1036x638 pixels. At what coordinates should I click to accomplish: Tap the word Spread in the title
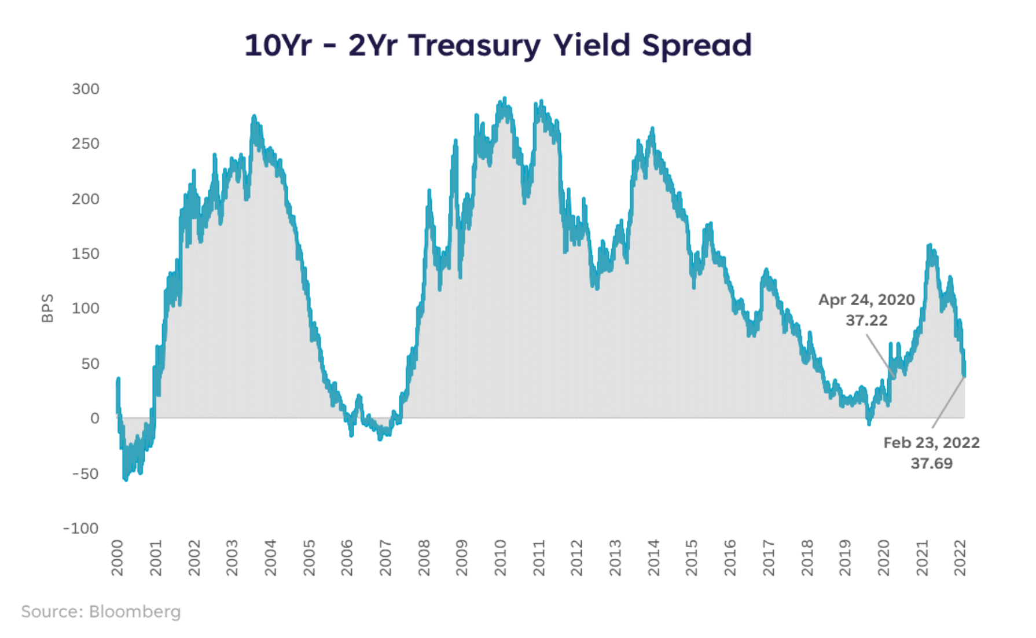697,46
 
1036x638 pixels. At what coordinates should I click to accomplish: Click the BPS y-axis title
47,308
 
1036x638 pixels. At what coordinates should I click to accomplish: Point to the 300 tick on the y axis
86,89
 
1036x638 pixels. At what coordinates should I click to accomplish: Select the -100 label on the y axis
81,528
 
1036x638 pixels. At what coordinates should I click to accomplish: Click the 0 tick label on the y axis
95,419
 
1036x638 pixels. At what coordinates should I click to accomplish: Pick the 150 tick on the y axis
86,254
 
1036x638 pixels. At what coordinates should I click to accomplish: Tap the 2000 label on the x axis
117,558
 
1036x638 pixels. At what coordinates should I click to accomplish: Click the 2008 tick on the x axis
424,558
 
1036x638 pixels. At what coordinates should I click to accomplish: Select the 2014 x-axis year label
654,558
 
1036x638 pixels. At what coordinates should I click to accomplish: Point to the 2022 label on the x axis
960,558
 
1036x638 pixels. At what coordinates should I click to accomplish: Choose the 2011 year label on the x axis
539,558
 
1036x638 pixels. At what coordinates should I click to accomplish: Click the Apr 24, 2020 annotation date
866,300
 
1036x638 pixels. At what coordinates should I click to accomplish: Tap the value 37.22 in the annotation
866,320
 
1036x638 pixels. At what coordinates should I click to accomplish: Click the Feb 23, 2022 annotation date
931,443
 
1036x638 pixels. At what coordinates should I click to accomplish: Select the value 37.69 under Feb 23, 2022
931,463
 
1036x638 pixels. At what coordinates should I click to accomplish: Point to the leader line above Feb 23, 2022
948,403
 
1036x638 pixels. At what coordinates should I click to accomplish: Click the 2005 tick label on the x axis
309,558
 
